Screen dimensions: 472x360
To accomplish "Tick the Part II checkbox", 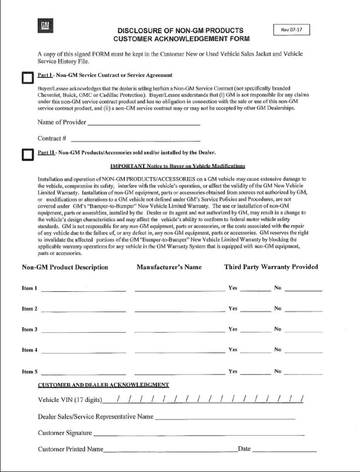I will tap(26, 155).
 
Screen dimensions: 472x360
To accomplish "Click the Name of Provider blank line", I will tap(143, 123).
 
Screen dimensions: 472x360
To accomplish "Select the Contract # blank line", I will tap(135, 139).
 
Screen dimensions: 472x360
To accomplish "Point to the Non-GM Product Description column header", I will tap(65, 267).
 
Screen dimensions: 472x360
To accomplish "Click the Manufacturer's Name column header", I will tap(169, 267).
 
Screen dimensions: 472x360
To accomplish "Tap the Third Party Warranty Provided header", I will tap(271, 267).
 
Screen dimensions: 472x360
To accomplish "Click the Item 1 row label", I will tap(29, 288).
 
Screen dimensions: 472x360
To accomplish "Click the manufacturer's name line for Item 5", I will tap(179, 372).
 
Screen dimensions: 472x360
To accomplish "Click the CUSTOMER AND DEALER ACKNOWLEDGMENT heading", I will tap(103, 385).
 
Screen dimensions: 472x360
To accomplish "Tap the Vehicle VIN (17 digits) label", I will tap(69, 400).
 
